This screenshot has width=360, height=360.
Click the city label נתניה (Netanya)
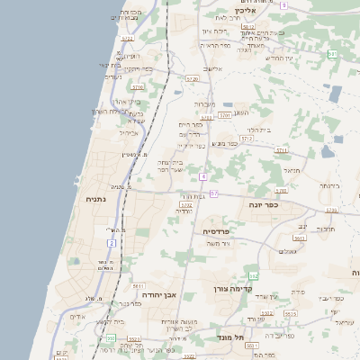click(96, 198)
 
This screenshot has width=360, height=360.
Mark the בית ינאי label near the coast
click(109, 65)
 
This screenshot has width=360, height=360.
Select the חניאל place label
click(290, 168)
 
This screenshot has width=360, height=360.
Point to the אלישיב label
click(211, 68)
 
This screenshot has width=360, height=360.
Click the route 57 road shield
click(214, 193)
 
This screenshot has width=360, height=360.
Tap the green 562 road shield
click(254, 275)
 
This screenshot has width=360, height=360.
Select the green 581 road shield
click(332, 54)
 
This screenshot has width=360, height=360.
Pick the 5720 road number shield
click(192, 79)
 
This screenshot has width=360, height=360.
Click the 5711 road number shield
click(281, 149)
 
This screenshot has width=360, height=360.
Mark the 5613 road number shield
click(298, 238)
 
